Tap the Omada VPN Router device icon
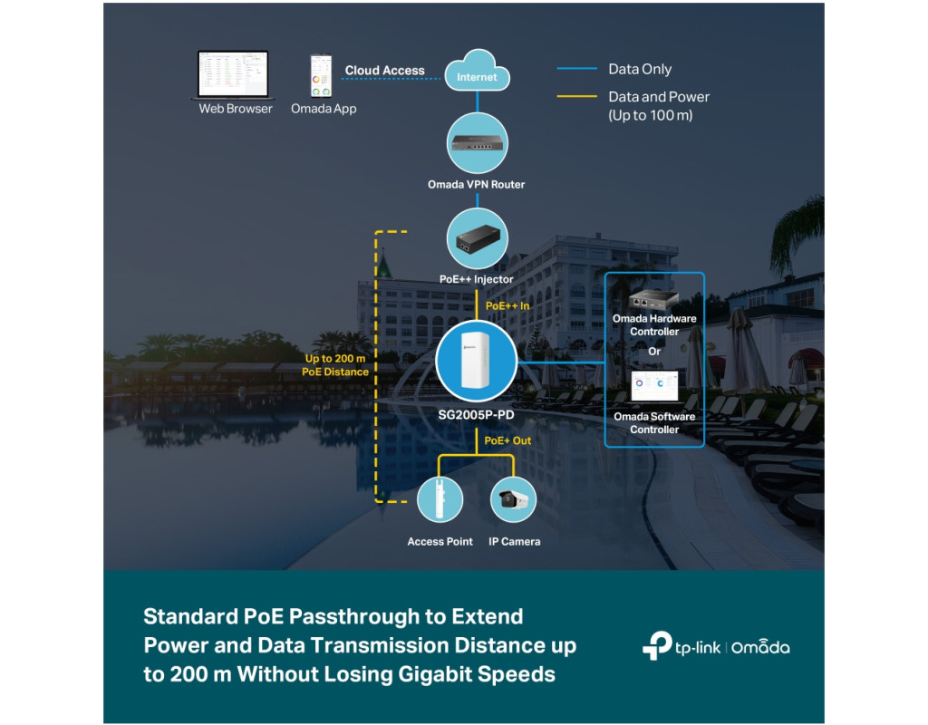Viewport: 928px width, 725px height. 477,143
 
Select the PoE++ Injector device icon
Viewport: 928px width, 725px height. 477,238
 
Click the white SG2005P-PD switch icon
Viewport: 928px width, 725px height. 477,361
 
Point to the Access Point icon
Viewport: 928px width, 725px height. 440,499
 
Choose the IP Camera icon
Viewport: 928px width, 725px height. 514,499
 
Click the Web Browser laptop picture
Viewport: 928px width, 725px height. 233,75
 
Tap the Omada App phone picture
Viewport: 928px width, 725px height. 322,76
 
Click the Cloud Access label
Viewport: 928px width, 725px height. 384,71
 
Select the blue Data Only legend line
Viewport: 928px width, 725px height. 577,69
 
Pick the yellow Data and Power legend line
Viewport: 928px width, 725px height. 577,96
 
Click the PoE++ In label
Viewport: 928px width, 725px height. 507,306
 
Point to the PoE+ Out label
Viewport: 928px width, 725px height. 507,440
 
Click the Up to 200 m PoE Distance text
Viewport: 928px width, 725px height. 335,365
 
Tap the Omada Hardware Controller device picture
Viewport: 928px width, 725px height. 653,299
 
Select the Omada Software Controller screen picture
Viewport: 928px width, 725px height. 654,386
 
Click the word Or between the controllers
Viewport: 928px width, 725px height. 654,351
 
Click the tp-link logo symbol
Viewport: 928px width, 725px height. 657,645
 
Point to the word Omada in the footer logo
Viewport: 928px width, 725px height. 760,647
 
